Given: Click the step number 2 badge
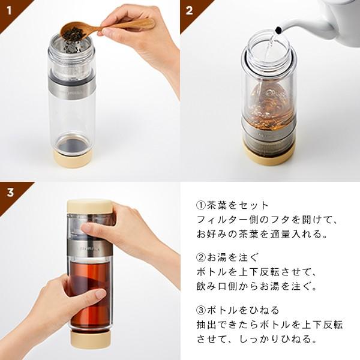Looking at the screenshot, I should point(190,10).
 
